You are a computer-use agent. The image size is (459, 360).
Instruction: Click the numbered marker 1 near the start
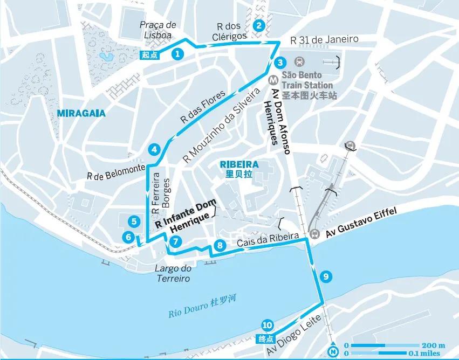tap(176, 53)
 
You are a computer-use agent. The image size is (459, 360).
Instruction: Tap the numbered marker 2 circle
tap(259, 25)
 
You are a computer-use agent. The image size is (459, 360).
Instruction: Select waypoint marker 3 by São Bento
tap(280, 61)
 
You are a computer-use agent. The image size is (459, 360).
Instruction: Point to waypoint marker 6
tap(128, 236)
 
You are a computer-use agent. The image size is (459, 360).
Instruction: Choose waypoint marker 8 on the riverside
tap(219, 246)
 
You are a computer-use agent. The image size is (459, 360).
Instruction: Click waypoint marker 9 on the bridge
tap(324, 276)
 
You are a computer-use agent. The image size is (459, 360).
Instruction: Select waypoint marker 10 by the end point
tap(266, 325)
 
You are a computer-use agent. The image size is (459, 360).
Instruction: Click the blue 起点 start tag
tap(150, 54)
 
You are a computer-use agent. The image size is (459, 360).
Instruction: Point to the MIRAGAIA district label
tap(79, 113)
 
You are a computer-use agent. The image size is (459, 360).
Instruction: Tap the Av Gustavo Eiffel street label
tap(360, 223)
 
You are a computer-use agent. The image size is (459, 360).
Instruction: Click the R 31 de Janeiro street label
tap(324, 40)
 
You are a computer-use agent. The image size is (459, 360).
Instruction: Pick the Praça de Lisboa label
tap(157, 30)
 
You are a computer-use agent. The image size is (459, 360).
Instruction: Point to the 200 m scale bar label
tap(435, 345)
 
